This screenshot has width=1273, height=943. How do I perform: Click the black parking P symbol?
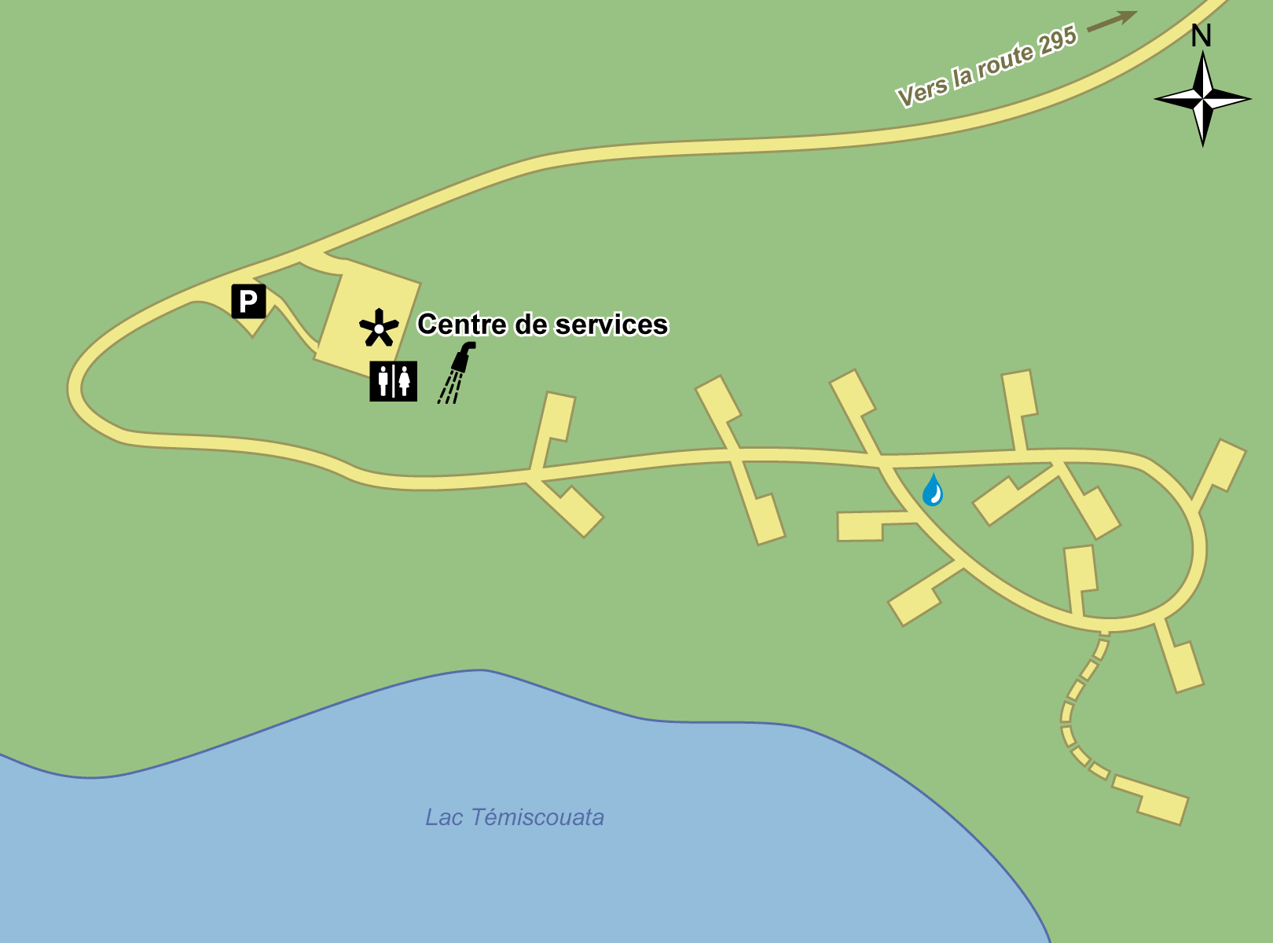pyautogui.click(x=248, y=301)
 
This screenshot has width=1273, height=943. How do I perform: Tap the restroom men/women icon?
pyautogui.click(x=394, y=381)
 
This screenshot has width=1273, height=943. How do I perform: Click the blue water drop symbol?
pyautogui.click(x=933, y=490)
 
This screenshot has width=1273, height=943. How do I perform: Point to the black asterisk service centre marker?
pyautogui.click(x=379, y=328)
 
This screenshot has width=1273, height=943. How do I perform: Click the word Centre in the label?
pyautogui.click(x=461, y=325)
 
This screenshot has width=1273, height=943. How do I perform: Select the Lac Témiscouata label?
pyautogui.click(x=514, y=817)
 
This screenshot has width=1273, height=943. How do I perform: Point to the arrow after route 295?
pyautogui.click(x=1112, y=20)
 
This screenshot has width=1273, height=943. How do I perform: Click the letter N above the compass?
pyautogui.click(x=1201, y=36)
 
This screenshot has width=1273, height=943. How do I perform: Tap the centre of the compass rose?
pyautogui.click(x=1203, y=99)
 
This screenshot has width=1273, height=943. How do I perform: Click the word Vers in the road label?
pyautogui.click(x=922, y=92)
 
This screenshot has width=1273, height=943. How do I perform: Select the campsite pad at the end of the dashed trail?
pyautogui.click(x=1161, y=803)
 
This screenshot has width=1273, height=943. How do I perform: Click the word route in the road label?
pyautogui.click(x=1004, y=61)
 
